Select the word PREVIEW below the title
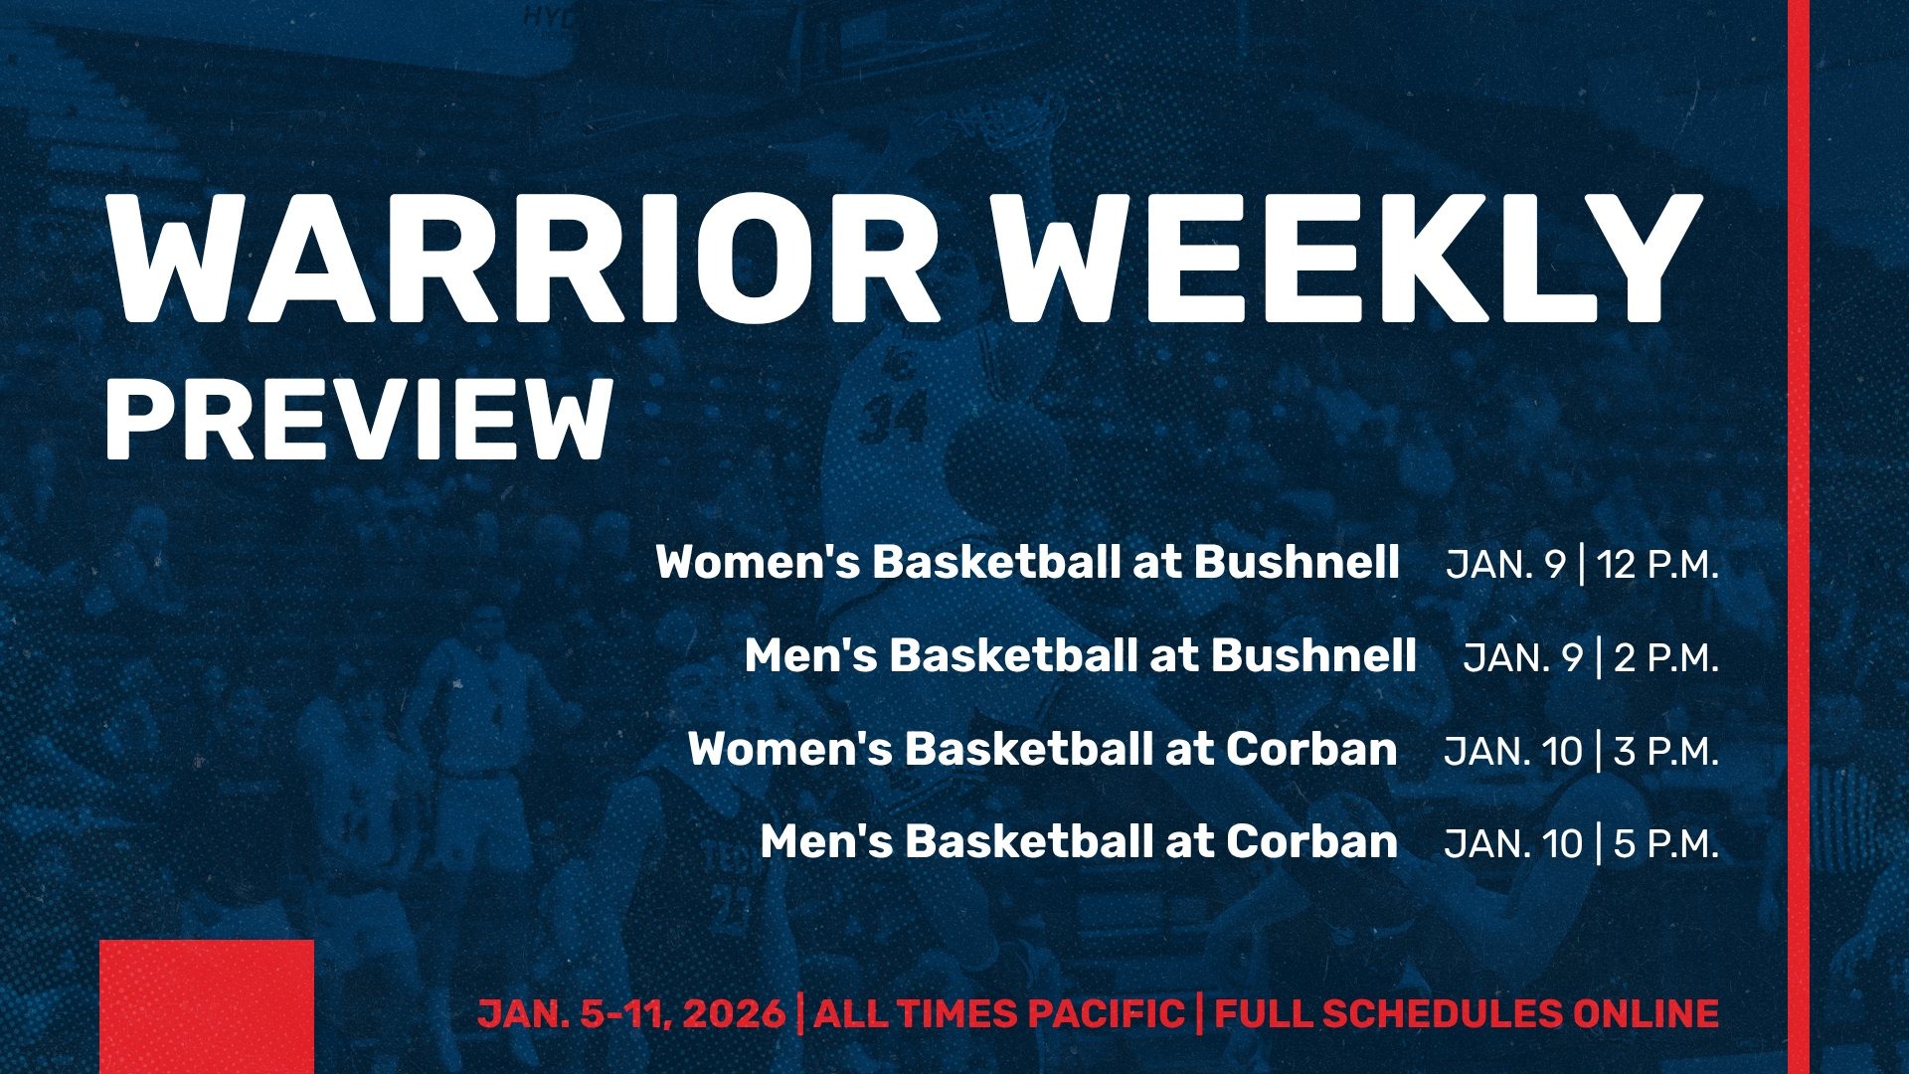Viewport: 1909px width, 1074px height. tap(358, 420)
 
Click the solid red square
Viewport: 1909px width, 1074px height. tap(207, 1006)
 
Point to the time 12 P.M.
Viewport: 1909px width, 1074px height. tap(1657, 565)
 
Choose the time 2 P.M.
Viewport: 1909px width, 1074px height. tap(1666, 658)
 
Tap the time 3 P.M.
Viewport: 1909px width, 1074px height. tap(1666, 752)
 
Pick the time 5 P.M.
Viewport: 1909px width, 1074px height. tap(1666, 844)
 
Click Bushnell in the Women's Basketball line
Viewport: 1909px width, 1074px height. tap(1297, 562)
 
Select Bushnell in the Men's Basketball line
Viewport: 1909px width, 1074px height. tap(1313, 655)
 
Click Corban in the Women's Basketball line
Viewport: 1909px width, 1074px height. tap(1311, 749)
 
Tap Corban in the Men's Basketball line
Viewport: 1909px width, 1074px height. tap(1311, 841)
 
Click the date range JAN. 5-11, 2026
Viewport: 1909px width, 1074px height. tap(631, 1014)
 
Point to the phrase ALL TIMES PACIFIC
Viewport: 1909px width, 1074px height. tap(998, 1014)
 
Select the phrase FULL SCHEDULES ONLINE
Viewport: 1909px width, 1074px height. tap(1467, 1014)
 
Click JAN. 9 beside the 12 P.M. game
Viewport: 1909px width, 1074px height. tap(1505, 565)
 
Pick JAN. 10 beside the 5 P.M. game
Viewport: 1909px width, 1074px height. tap(1512, 844)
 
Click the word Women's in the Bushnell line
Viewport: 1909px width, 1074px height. tap(758, 562)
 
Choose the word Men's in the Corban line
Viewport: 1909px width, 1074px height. tap(827, 841)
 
